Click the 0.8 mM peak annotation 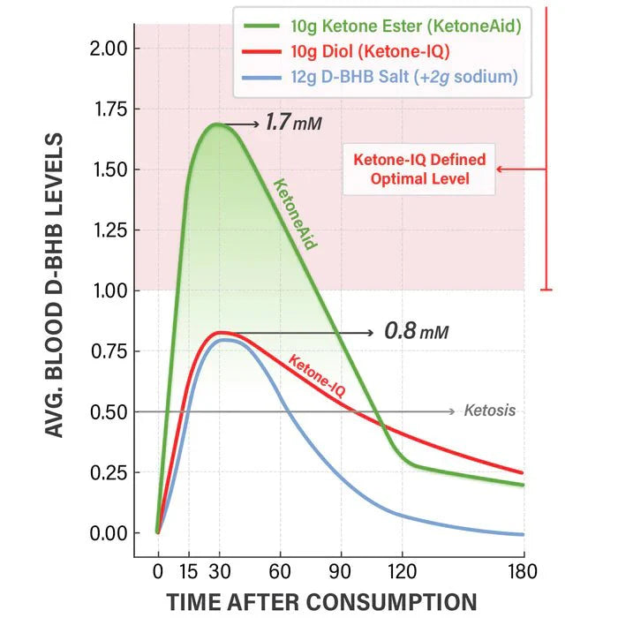416,333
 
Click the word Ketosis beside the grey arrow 489,411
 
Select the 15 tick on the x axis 188,570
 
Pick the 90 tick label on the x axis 341,570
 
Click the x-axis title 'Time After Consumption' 322,600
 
